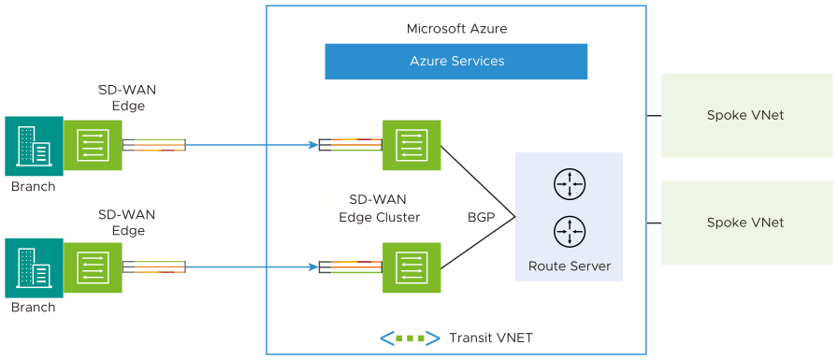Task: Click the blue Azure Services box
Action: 455,62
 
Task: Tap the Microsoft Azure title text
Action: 456,29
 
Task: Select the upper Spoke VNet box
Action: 745,116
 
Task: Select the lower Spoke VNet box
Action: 745,223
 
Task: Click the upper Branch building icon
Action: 34,146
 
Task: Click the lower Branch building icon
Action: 34,267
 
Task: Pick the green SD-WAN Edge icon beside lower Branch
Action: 93,267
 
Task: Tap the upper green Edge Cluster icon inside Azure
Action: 412,145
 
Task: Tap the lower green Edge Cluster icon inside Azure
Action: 412,267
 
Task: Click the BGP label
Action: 481,217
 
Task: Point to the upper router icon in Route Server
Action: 569,184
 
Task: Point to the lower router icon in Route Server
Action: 569,230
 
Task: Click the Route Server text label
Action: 569,266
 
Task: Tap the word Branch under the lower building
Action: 33,307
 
